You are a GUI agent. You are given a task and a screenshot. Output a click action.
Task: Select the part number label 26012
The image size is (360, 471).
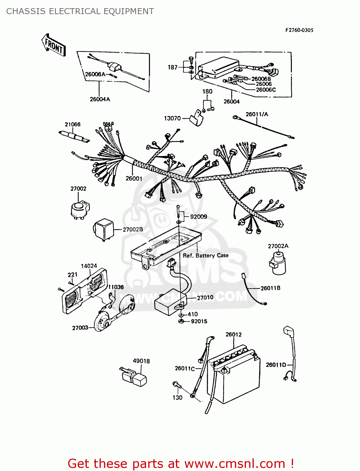(x=233, y=334)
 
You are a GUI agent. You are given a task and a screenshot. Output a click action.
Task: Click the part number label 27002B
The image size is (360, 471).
(x=133, y=230)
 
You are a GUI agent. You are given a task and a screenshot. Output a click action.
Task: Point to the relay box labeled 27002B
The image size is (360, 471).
(x=103, y=229)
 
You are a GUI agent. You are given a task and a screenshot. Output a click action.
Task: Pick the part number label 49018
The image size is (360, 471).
(x=141, y=361)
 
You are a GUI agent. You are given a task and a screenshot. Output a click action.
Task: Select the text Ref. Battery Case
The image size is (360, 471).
(x=205, y=256)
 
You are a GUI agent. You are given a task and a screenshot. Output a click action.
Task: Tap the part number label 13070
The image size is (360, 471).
(x=172, y=118)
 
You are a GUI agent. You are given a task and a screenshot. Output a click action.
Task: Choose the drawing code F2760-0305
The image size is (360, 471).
(x=299, y=30)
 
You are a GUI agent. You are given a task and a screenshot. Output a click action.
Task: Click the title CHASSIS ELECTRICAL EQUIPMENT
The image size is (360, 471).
(x=80, y=11)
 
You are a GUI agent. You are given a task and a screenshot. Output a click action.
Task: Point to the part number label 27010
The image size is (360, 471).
(x=205, y=297)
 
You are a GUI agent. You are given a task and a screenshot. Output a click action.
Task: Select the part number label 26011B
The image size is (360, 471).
(x=270, y=288)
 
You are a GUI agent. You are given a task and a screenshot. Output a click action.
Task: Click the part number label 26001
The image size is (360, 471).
(x=134, y=178)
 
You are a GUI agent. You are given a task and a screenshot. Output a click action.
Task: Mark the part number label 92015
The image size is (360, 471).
(x=199, y=321)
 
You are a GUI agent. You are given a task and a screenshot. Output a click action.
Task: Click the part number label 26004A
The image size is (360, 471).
(x=100, y=99)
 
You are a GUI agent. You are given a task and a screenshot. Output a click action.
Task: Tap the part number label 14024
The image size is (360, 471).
(x=89, y=266)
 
